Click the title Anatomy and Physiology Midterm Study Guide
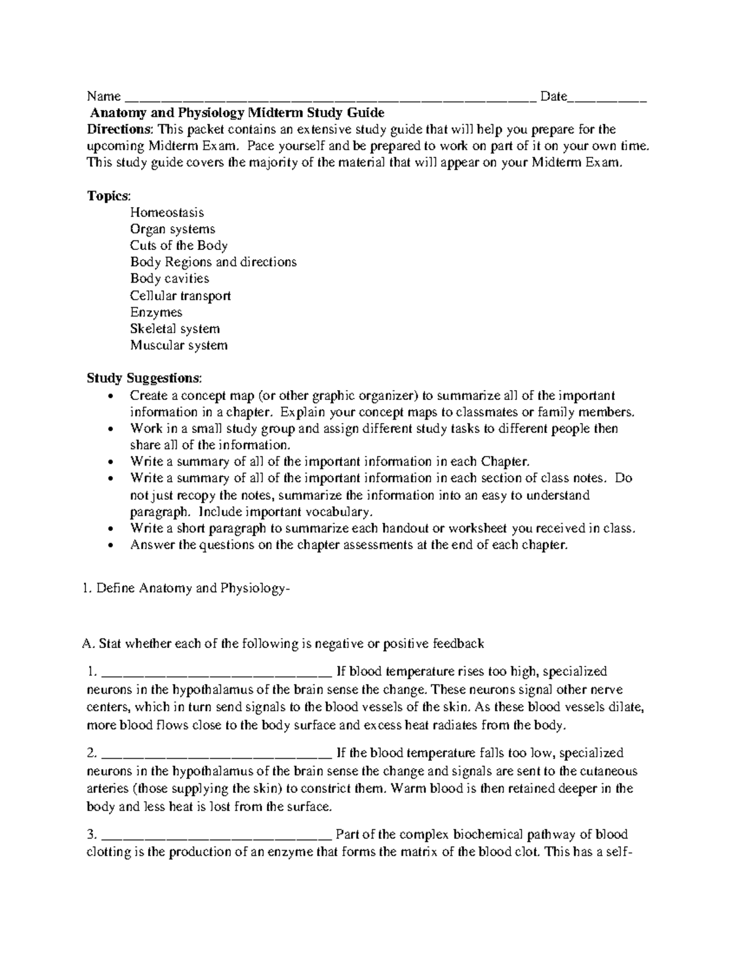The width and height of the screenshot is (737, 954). tap(237, 113)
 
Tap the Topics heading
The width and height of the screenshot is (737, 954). tap(109, 196)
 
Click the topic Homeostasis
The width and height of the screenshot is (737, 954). tap(166, 213)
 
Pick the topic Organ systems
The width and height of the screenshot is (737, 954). tap(173, 229)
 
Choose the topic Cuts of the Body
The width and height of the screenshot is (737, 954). tap(179, 246)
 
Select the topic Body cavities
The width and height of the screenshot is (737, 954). tap(170, 279)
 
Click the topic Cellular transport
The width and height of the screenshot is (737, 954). tap(181, 295)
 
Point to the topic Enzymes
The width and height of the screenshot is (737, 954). tap(156, 312)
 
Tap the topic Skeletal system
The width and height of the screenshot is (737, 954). tap(175, 329)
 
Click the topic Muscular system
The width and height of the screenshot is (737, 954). tap(179, 345)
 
